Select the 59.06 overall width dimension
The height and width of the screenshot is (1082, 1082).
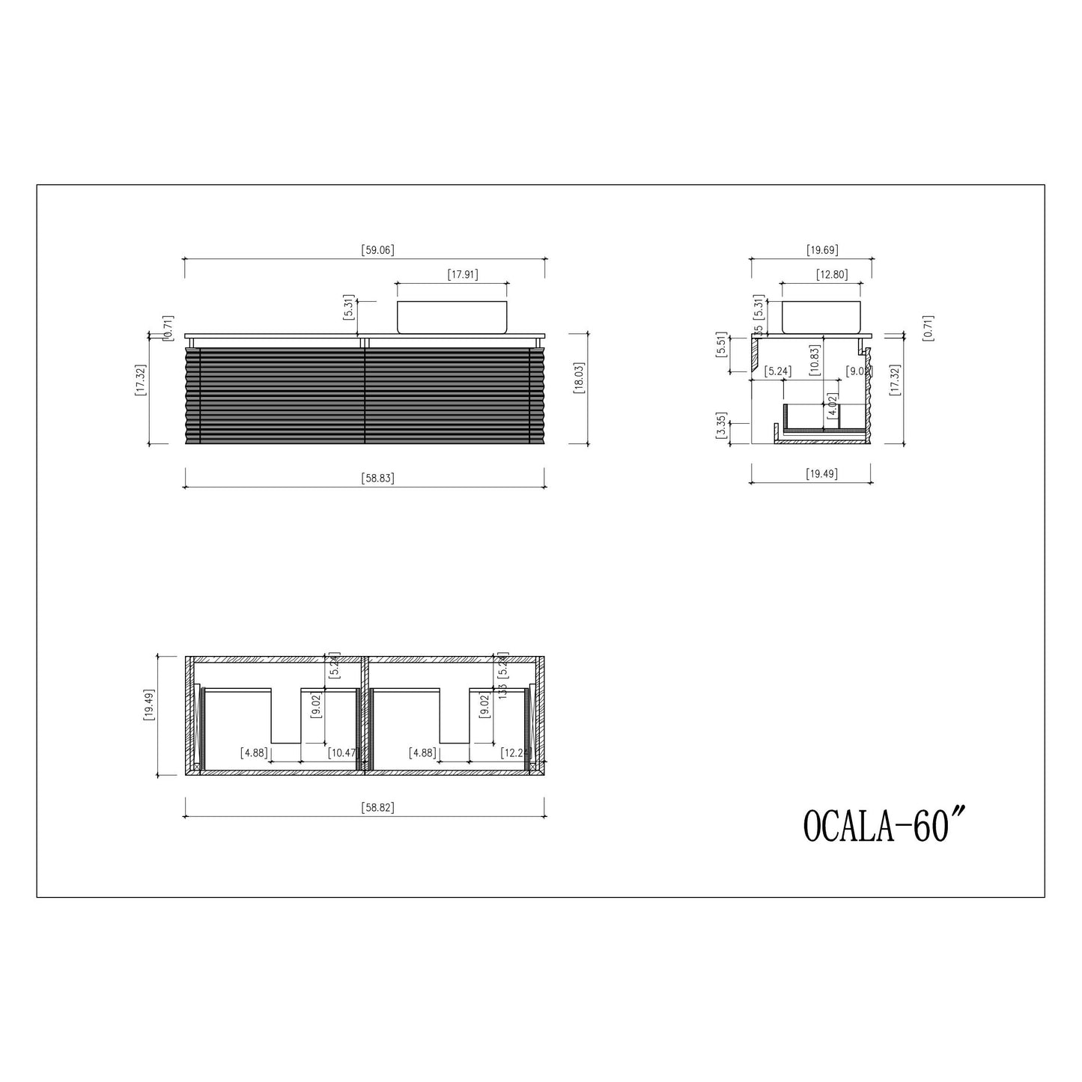pyautogui.click(x=377, y=250)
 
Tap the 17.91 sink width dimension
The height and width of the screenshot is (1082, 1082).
pyautogui.click(x=462, y=275)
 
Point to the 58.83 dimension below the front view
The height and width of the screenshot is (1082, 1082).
pyautogui.click(x=377, y=478)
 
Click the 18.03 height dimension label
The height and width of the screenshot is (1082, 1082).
pyautogui.click(x=578, y=389)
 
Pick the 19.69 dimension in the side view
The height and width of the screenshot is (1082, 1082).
pyautogui.click(x=821, y=250)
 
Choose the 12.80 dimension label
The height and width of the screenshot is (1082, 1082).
pyautogui.click(x=831, y=275)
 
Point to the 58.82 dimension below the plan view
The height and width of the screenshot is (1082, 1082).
pyautogui.click(x=377, y=808)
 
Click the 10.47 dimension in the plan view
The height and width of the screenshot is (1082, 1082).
pyautogui.click(x=342, y=753)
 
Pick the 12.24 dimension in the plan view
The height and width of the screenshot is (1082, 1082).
pyautogui.click(x=515, y=753)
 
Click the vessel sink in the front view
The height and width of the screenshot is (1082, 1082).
pyautogui.click(x=452, y=317)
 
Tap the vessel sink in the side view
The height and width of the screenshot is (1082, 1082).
pyautogui.click(x=821, y=317)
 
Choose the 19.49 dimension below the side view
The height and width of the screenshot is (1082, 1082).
pyautogui.click(x=821, y=473)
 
